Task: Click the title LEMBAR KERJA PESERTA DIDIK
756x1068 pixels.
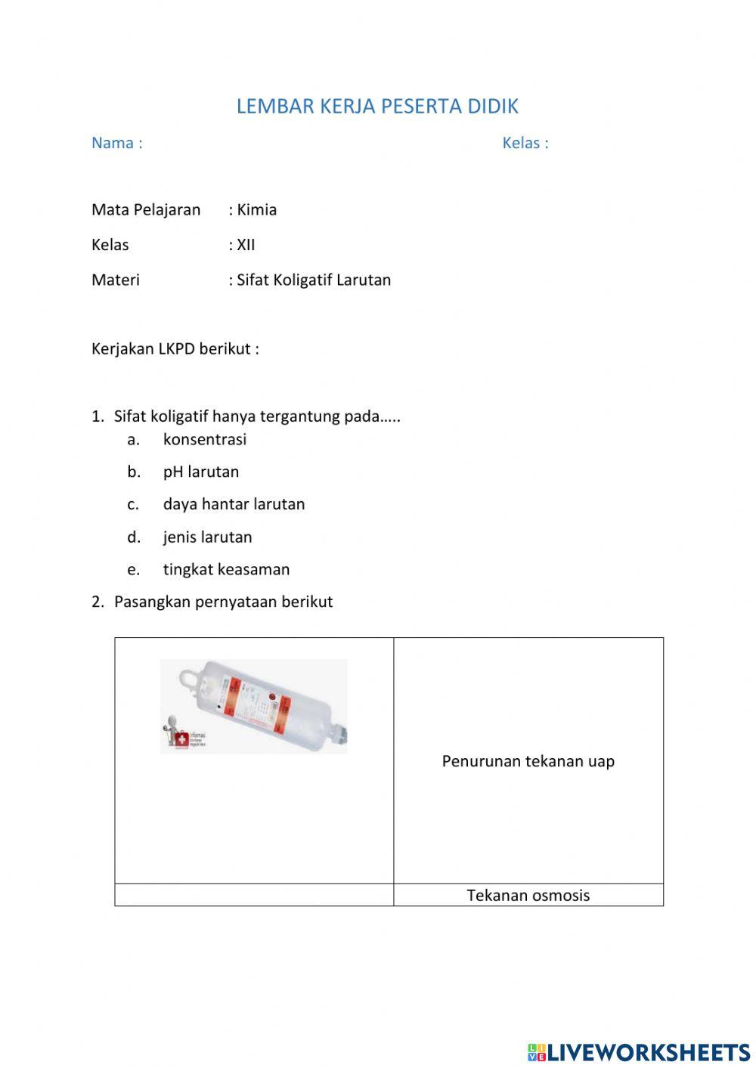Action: (x=377, y=107)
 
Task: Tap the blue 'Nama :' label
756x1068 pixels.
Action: (x=116, y=143)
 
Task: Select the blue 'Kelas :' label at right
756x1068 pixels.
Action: (x=525, y=143)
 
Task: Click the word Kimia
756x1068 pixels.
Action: (x=256, y=209)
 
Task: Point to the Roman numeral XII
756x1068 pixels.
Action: (x=246, y=245)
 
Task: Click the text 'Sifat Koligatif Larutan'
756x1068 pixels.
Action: (x=314, y=280)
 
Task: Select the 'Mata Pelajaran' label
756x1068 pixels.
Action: (x=146, y=209)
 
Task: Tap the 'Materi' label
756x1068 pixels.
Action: (x=116, y=280)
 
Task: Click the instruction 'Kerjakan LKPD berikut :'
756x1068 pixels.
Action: (x=175, y=349)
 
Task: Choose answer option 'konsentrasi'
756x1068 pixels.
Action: (x=205, y=439)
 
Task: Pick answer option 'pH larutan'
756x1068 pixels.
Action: (x=201, y=472)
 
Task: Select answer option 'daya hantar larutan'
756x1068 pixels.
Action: (x=234, y=504)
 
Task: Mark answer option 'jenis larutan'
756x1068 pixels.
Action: (x=207, y=537)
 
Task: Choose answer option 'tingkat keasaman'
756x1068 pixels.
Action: (x=226, y=570)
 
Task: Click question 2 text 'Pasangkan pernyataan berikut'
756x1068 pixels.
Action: (x=223, y=602)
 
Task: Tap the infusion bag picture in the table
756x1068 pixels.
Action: (x=254, y=706)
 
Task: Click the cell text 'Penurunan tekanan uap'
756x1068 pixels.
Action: (x=528, y=761)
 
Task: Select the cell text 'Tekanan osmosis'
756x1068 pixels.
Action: (x=528, y=896)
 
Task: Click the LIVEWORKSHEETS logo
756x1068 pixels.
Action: (x=639, y=1052)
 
